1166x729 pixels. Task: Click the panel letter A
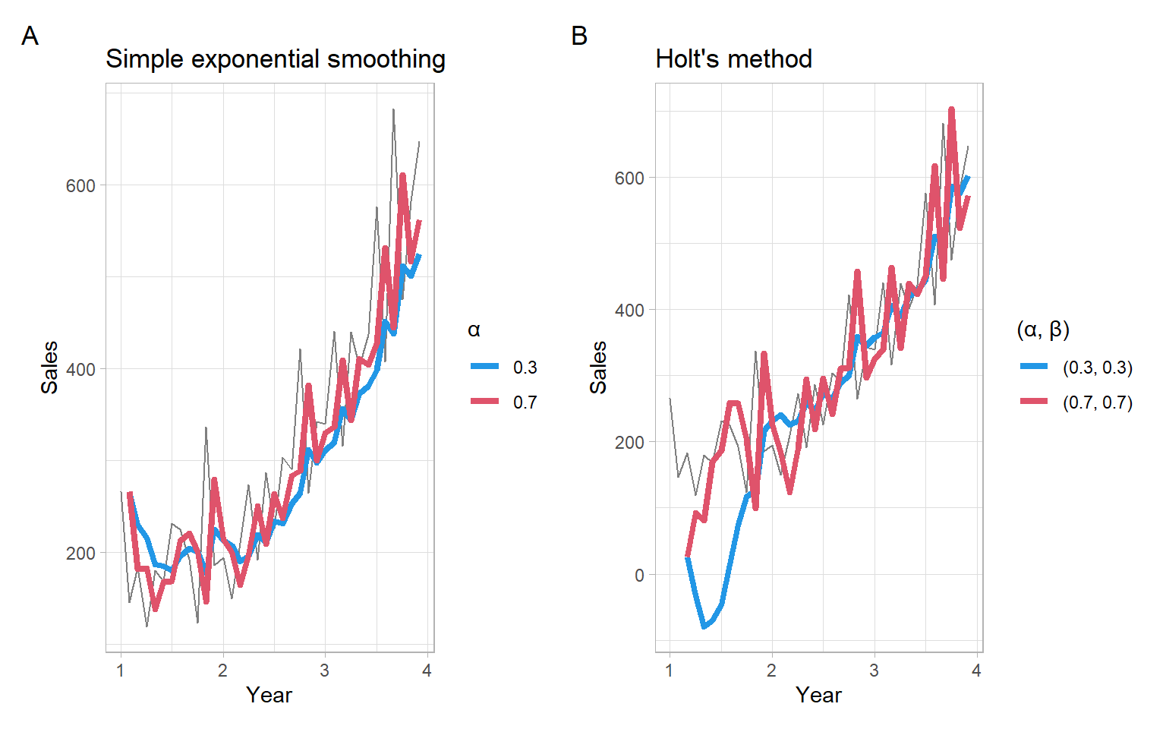(x=30, y=36)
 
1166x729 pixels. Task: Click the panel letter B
(x=579, y=36)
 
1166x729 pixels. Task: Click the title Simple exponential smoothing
(x=276, y=59)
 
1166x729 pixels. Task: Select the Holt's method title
(x=733, y=59)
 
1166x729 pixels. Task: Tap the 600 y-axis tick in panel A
(x=80, y=186)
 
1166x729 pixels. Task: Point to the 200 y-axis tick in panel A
(x=80, y=553)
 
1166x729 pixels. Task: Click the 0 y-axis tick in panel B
(x=639, y=575)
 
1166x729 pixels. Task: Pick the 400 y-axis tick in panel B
(x=629, y=310)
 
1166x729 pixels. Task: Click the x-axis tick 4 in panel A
(x=427, y=671)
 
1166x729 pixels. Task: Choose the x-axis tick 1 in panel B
(x=670, y=671)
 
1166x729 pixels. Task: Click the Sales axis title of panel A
(x=49, y=368)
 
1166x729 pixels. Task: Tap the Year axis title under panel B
(x=818, y=695)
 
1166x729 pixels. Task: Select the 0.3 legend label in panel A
(x=525, y=368)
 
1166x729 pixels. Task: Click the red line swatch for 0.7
(x=484, y=402)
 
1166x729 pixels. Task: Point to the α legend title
(x=474, y=330)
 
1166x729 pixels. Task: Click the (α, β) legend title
(x=1042, y=330)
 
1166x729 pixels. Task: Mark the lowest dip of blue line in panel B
(x=704, y=626)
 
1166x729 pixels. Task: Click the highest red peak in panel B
(x=951, y=110)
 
